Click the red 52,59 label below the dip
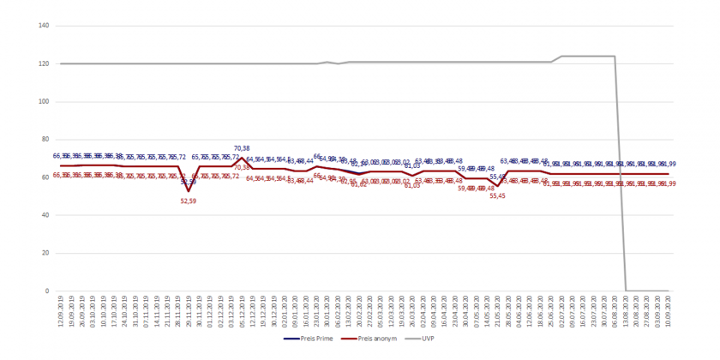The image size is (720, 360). click(189, 201)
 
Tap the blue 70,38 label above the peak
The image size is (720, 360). click(242, 148)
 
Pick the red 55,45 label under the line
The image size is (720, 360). click(498, 196)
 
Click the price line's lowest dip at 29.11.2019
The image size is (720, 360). click(189, 191)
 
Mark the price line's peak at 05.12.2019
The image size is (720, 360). click(242, 158)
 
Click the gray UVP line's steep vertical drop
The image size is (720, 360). click(621, 171)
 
